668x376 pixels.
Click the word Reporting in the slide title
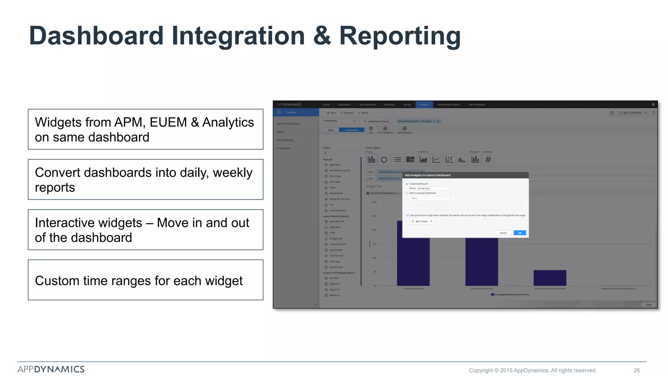pyautogui.click(x=400, y=36)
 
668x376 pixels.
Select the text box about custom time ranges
pyautogui.click(x=145, y=280)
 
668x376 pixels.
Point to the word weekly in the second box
pyautogui.click(x=232, y=173)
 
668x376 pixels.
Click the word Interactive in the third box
pyautogui.click(x=88, y=223)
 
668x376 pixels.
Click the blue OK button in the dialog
pyautogui.click(x=520, y=233)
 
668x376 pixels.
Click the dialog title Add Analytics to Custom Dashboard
pyautogui.click(x=427, y=175)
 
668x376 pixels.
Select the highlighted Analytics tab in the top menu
pyautogui.click(x=424, y=104)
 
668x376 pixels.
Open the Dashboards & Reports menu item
pyautogui.click(x=448, y=104)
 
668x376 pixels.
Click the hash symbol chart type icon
pyautogui.click(x=488, y=160)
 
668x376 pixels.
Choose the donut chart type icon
pyautogui.click(x=384, y=160)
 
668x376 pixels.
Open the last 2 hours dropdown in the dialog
pyautogui.click(x=422, y=221)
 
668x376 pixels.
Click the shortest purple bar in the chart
pyautogui.click(x=550, y=278)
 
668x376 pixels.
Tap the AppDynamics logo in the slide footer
pyautogui.click(x=51, y=369)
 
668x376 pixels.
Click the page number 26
pyautogui.click(x=636, y=370)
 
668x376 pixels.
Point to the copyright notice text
pyautogui.click(x=533, y=370)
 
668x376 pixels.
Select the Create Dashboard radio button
pyautogui.click(x=407, y=184)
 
